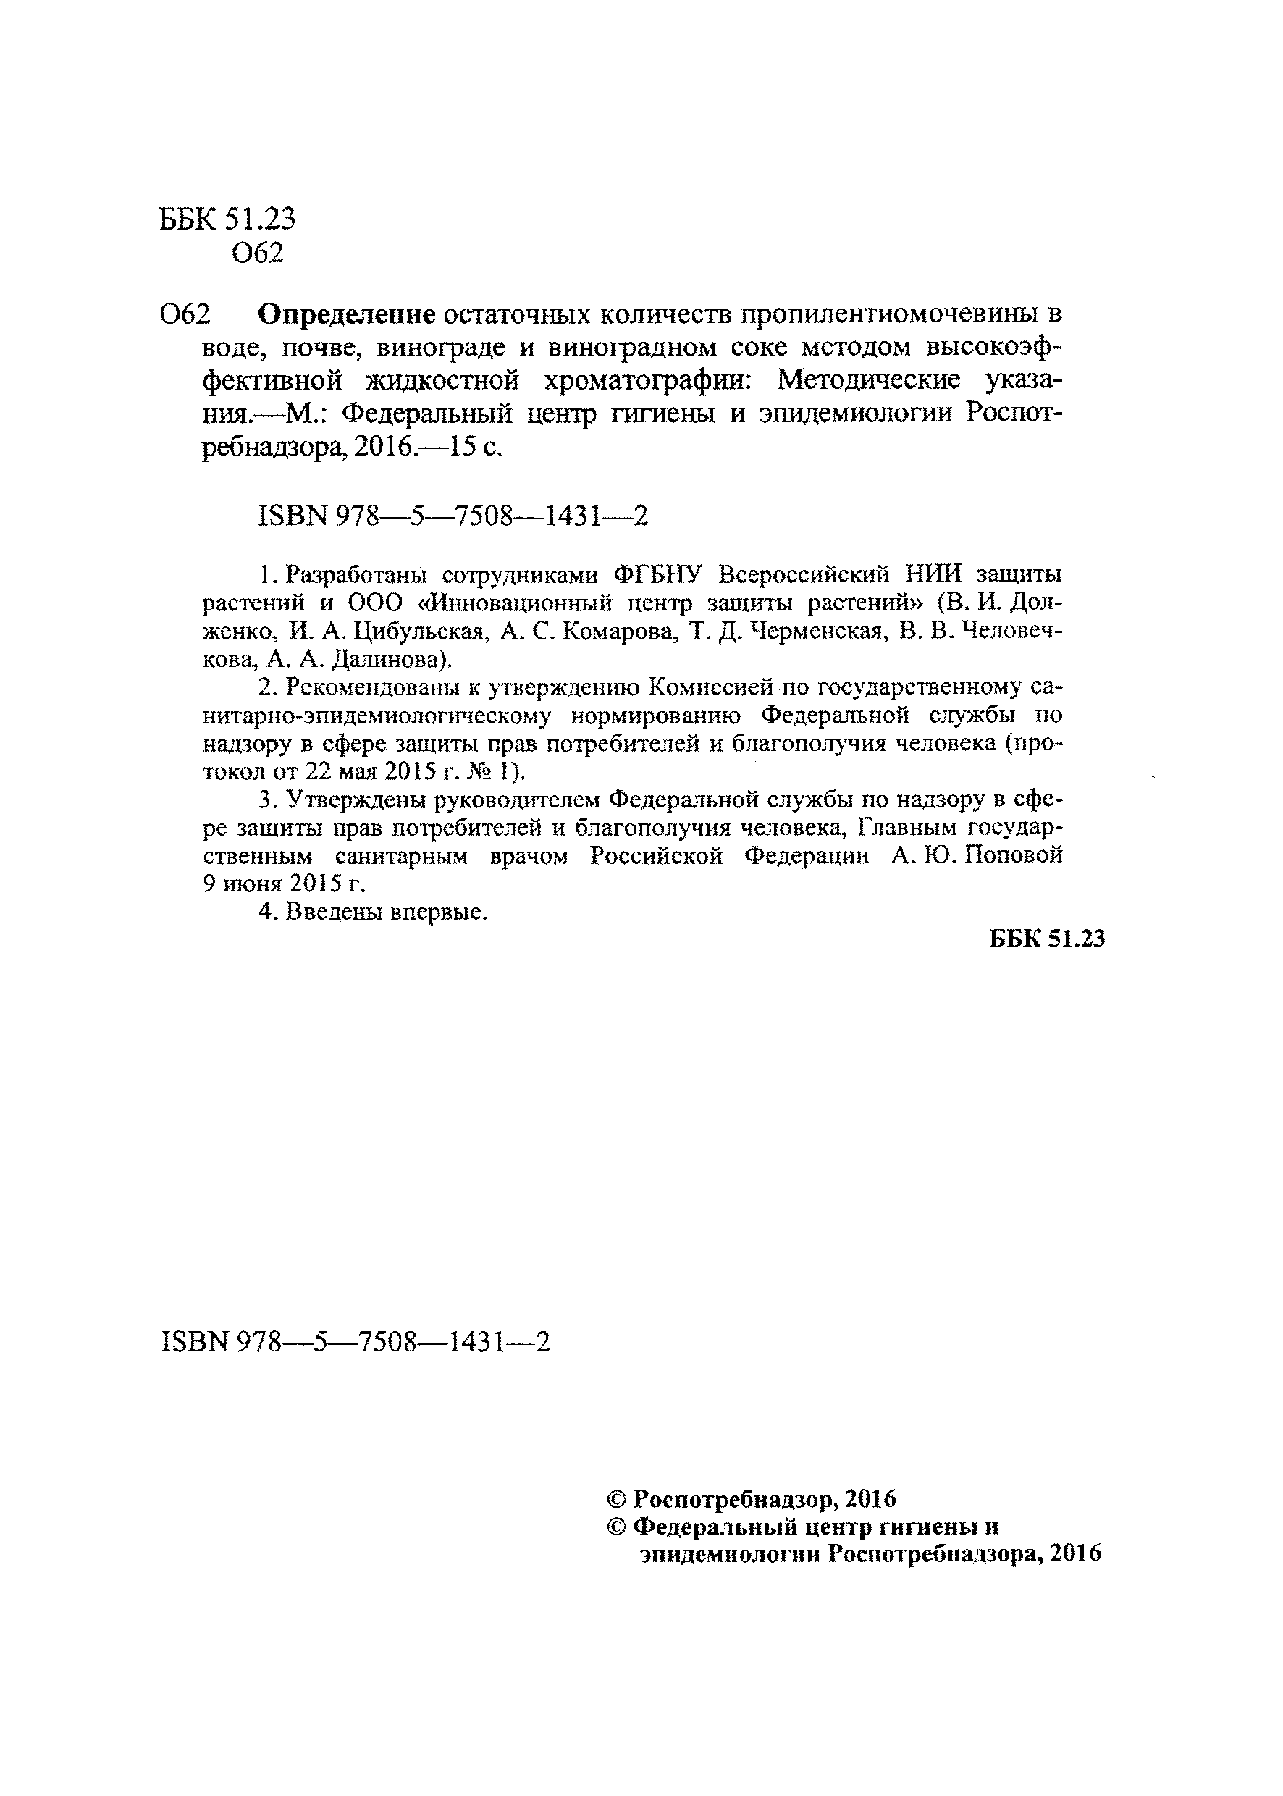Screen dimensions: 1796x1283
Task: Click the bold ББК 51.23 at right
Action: click(x=1046, y=939)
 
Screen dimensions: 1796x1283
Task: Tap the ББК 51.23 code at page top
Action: click(x=227, y=219)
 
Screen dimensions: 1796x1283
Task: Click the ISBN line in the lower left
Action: click(x=356, y=1342)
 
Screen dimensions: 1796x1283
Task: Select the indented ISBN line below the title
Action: click(x=453, y=516)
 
